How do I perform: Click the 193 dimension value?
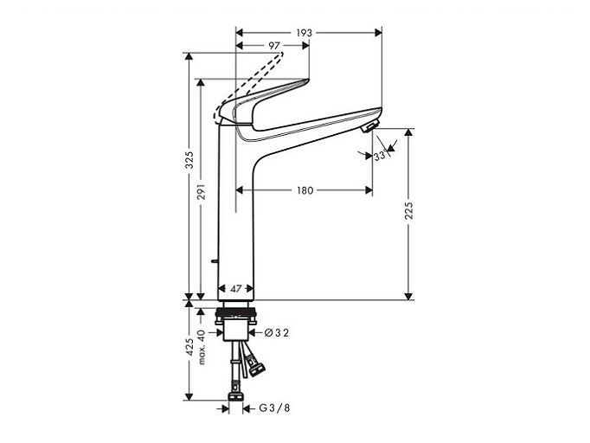pyautogui.click(x=304, y=33)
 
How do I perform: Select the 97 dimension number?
pyautogui.click(x=274, y=46)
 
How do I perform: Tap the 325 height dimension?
pyautogui.click(x=189, y=160)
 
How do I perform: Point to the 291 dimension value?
pyautogui.click(x=202, y=191)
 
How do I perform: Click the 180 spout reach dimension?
pyautogui.click(x=305, y=190)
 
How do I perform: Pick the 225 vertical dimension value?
pyautogui.click(x=409, y=211)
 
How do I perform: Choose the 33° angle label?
pyautogui.click(x=380, y=156)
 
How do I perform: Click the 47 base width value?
pyautogui.click(x=236, y=289)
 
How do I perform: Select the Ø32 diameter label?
pyautogui.click(x=277, y=333)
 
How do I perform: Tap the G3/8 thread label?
pyautogui.click(x=275, y=408)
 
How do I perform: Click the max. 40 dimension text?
pyautogui.click(x=202, y=347)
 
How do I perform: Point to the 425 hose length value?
pyautogui.click(x=189, y=347)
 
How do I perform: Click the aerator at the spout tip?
pyautogui.click(x=369, y=127)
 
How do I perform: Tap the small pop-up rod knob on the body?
pyautogui.click(x=215, y=260)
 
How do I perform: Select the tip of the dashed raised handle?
pyautogui.click(x=282, y=54)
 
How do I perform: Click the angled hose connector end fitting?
pyautogui.click(x=258, y=369)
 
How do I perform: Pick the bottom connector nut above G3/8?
pyautogui.click(x=236, y=397)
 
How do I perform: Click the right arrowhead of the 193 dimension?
pyautogui.click(x=378, y=33)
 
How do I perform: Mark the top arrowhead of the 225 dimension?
pyautogui.click(x=409, y=132)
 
